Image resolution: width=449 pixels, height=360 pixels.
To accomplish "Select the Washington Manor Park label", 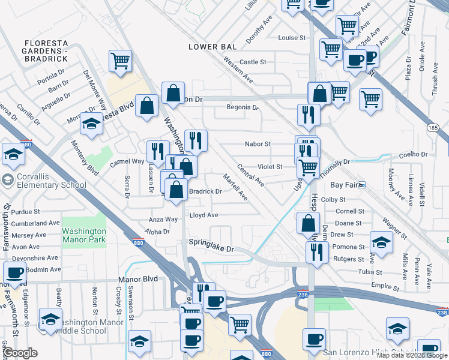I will (84, 235).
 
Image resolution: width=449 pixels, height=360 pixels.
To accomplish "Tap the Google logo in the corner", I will (19, 353).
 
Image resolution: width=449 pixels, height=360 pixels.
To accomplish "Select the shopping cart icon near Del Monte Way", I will (120, 61).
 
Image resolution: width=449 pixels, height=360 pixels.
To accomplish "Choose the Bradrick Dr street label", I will (205, 192).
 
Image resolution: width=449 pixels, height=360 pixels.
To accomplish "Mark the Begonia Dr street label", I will (242, 108).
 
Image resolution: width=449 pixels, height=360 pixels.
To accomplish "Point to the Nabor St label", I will (258, 144).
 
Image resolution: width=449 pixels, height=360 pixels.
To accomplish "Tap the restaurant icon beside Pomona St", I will (317, 251).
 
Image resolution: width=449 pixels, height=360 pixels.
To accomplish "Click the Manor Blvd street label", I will (141, 280).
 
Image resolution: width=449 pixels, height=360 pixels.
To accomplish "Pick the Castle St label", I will (253, 62).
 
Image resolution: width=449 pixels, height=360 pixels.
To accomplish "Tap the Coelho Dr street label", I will (411, 154).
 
